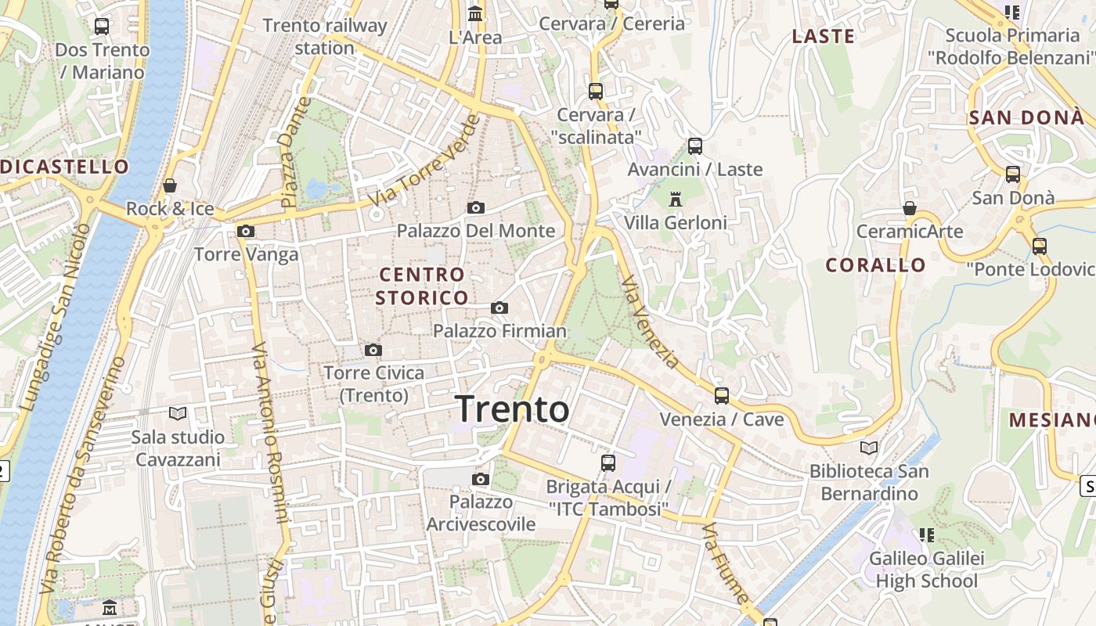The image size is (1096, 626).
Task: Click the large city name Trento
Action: coord(512,409)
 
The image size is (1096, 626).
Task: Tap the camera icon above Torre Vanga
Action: coord(246,232)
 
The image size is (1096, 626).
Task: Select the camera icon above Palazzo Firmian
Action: coord(499,308)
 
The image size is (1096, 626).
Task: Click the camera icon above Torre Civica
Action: coord(373,350)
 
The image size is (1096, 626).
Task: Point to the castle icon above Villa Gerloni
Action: coord(676,200)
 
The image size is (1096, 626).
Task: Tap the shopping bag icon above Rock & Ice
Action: coord(170,186)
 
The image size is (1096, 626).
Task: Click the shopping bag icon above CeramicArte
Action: coord(909,208)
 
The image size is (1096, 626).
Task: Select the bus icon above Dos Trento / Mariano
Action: coord(102,27)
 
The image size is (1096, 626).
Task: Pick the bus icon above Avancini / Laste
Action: coord(694,146)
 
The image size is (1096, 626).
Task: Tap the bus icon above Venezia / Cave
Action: coord(722,396)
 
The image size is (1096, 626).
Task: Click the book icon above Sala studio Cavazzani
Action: coord(178,413)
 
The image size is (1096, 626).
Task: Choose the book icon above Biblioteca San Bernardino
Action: coord(869,448)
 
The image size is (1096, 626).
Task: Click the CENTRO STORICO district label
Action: coord(422,286)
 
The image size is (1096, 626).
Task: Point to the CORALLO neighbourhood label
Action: coord(875,265)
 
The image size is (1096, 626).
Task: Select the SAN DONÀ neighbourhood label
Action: coord(1026,118)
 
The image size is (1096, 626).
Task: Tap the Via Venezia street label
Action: coord(650,322)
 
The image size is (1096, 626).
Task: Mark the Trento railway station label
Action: coord(325,37)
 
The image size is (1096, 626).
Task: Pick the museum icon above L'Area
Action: coord(475,14)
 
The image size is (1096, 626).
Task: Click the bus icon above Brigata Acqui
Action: coord(608,463)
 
